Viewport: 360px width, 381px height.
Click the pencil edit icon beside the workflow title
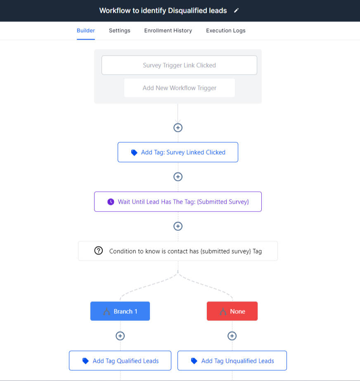pyautogui.click(x=236, y=10)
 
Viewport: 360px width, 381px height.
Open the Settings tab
pyautogui.click(x=119, y=31)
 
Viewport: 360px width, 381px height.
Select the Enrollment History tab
pyautogui.click(x=168, y=31)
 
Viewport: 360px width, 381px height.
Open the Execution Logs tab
pyautogui.click(x=226, y=31)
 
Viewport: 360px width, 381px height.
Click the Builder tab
pyautogui.click(x=85, y=31)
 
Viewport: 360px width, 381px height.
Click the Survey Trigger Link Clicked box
pyautogui.click(x=179, y=65)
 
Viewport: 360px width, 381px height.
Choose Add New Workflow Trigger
pyautogui.click(x=180, y=88)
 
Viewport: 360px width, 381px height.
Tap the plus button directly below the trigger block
pyautogui.click(x=178, y=127)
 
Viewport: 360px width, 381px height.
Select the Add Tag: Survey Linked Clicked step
pyautogui.click(x=178, y=152)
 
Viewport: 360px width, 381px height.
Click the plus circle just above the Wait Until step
pyautogui.click(x=178, y=176)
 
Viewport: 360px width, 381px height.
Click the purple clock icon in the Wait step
pyautogui.click(x=111, y=202)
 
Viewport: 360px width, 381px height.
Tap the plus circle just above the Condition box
pyautogui.click(x=178, y=226)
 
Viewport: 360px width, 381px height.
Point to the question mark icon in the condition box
pyautogui.click(x=99, y=251)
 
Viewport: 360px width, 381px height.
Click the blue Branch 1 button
pyautogui.click(x=120, y=311)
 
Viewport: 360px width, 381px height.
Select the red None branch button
pyautogui.click(x=232, y=311)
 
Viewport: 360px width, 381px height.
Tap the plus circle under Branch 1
pyautogui.click(x=120, y=336)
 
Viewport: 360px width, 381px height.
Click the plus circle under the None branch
pyautogui.click(x=232, y=336)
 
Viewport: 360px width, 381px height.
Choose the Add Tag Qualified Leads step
pyautogui.click(x=120, y=360)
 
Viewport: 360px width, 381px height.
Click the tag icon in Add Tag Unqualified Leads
pyautogui.click(x=194, y=361)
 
